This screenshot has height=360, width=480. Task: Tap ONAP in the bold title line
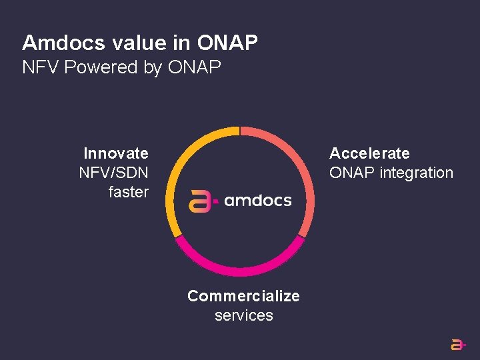(227, 43)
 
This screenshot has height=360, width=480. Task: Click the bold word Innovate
(116, 153)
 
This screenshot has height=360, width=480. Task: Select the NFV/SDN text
(113, 173)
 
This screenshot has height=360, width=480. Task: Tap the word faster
(128, 192)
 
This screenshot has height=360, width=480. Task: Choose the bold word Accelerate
(369, 153)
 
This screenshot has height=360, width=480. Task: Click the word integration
(417, 173)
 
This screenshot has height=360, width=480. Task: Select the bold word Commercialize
(243, 296)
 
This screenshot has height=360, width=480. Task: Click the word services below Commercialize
(243, 315)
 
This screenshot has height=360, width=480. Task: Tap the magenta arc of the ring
(240, 270)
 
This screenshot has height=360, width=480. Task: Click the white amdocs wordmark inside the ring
(258, 201)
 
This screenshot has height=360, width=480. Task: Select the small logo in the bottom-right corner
(458, 344)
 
